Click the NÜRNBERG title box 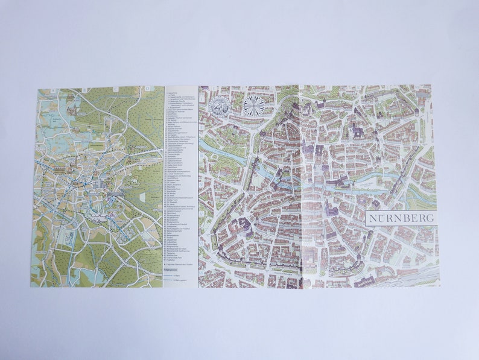tap(400, 218)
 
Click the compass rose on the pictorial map tap(254, 106)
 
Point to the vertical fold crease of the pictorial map tap(300, 187)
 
